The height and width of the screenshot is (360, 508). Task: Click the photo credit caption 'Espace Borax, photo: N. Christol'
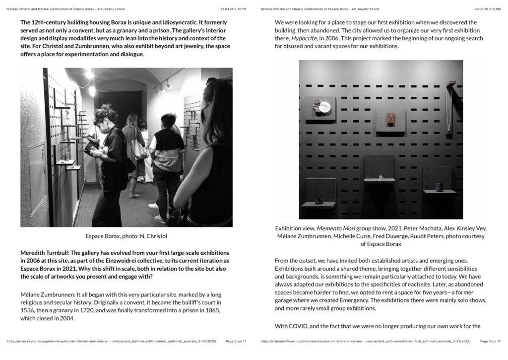[127, 235]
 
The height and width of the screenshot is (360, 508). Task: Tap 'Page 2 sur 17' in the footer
[236, 342]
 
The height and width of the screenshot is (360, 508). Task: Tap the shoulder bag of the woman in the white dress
[139, 149]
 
